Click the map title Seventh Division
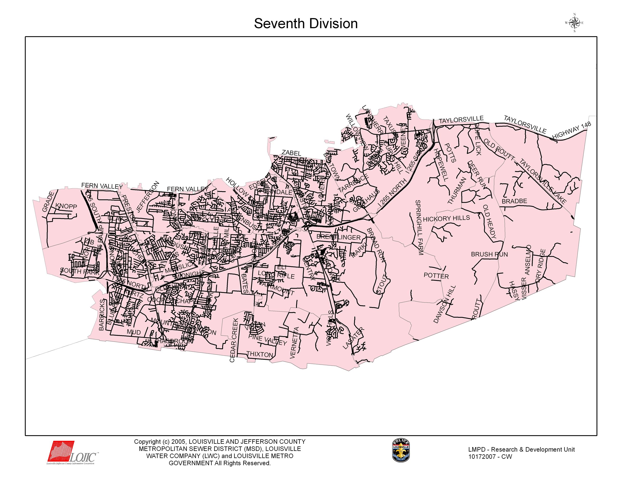[306, 24]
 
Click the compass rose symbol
[574, 23]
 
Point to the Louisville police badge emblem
[401, 450]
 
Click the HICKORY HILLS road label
[446, 218]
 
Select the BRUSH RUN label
[489, 254]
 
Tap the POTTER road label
[436, 276]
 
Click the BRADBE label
[514, 201]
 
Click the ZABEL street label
[291, 153]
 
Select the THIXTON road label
[260, 354]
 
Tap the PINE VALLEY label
[267, 340]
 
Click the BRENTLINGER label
[338, 237]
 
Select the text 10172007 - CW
[490, 457]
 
